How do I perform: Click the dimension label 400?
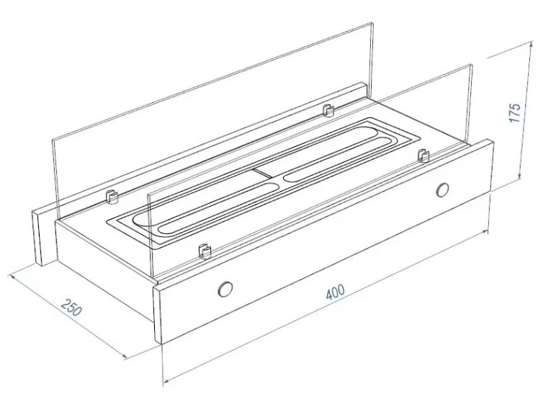(x=335, y=292)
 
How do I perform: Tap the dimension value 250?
(x=71, y=307)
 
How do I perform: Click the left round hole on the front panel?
(x=225, y=289)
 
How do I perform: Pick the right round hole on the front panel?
(x=442, y=190)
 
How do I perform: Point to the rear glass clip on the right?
(x=328, y=110)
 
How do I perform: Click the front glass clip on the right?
(x=424, y=156)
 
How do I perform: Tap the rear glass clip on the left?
(x=111, y=197)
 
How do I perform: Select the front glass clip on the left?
(x=205, y=251)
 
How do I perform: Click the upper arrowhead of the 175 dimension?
(x=530, y=44)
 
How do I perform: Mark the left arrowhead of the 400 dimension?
(x=167, y=380)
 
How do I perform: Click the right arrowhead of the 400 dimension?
(x=485, y=232)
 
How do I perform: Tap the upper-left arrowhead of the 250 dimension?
(x=13, y=277)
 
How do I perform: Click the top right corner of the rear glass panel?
(x=372, y=23)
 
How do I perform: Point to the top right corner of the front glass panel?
(x=472, y=65)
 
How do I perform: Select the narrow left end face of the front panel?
(x=158, y=314)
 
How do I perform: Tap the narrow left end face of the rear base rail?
(x=37, y=238)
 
